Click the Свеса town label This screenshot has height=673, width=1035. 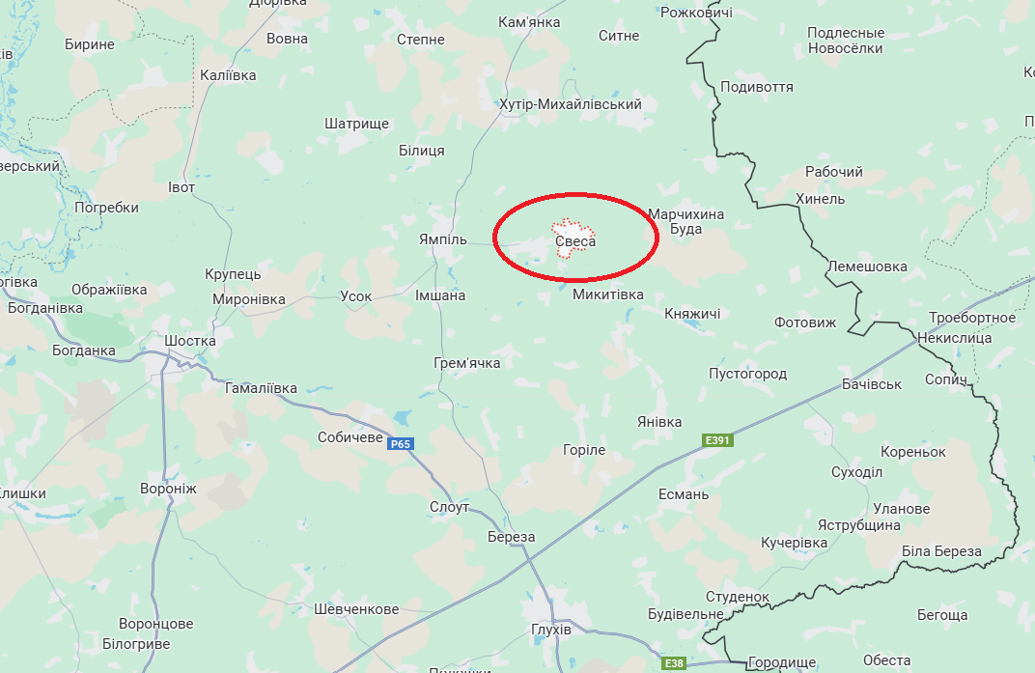click(575, 240)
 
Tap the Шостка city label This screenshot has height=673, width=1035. click(190, 341)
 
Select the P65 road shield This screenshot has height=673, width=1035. click(400, 444)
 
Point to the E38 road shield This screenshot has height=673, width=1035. click(674, 664)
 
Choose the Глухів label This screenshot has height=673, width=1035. click(551, 630)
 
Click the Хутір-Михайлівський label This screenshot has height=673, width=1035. click(571, 104)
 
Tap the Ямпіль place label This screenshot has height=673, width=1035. click(443, 239)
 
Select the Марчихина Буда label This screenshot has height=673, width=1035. click(685, 221)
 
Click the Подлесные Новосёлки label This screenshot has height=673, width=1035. click(846, 41)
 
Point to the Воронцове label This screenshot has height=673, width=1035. click(156, 624)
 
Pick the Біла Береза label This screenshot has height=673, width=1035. click(940, 552)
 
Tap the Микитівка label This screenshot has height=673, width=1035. click(607, 294)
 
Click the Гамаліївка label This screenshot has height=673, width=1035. click(261, 388)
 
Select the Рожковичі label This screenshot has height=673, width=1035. click(695, 13)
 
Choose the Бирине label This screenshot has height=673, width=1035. click(90, 44)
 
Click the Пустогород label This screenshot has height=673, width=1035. click(747, 374)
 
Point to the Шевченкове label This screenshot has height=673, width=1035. click(356, 609)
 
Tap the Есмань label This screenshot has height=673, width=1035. click(683, 494)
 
